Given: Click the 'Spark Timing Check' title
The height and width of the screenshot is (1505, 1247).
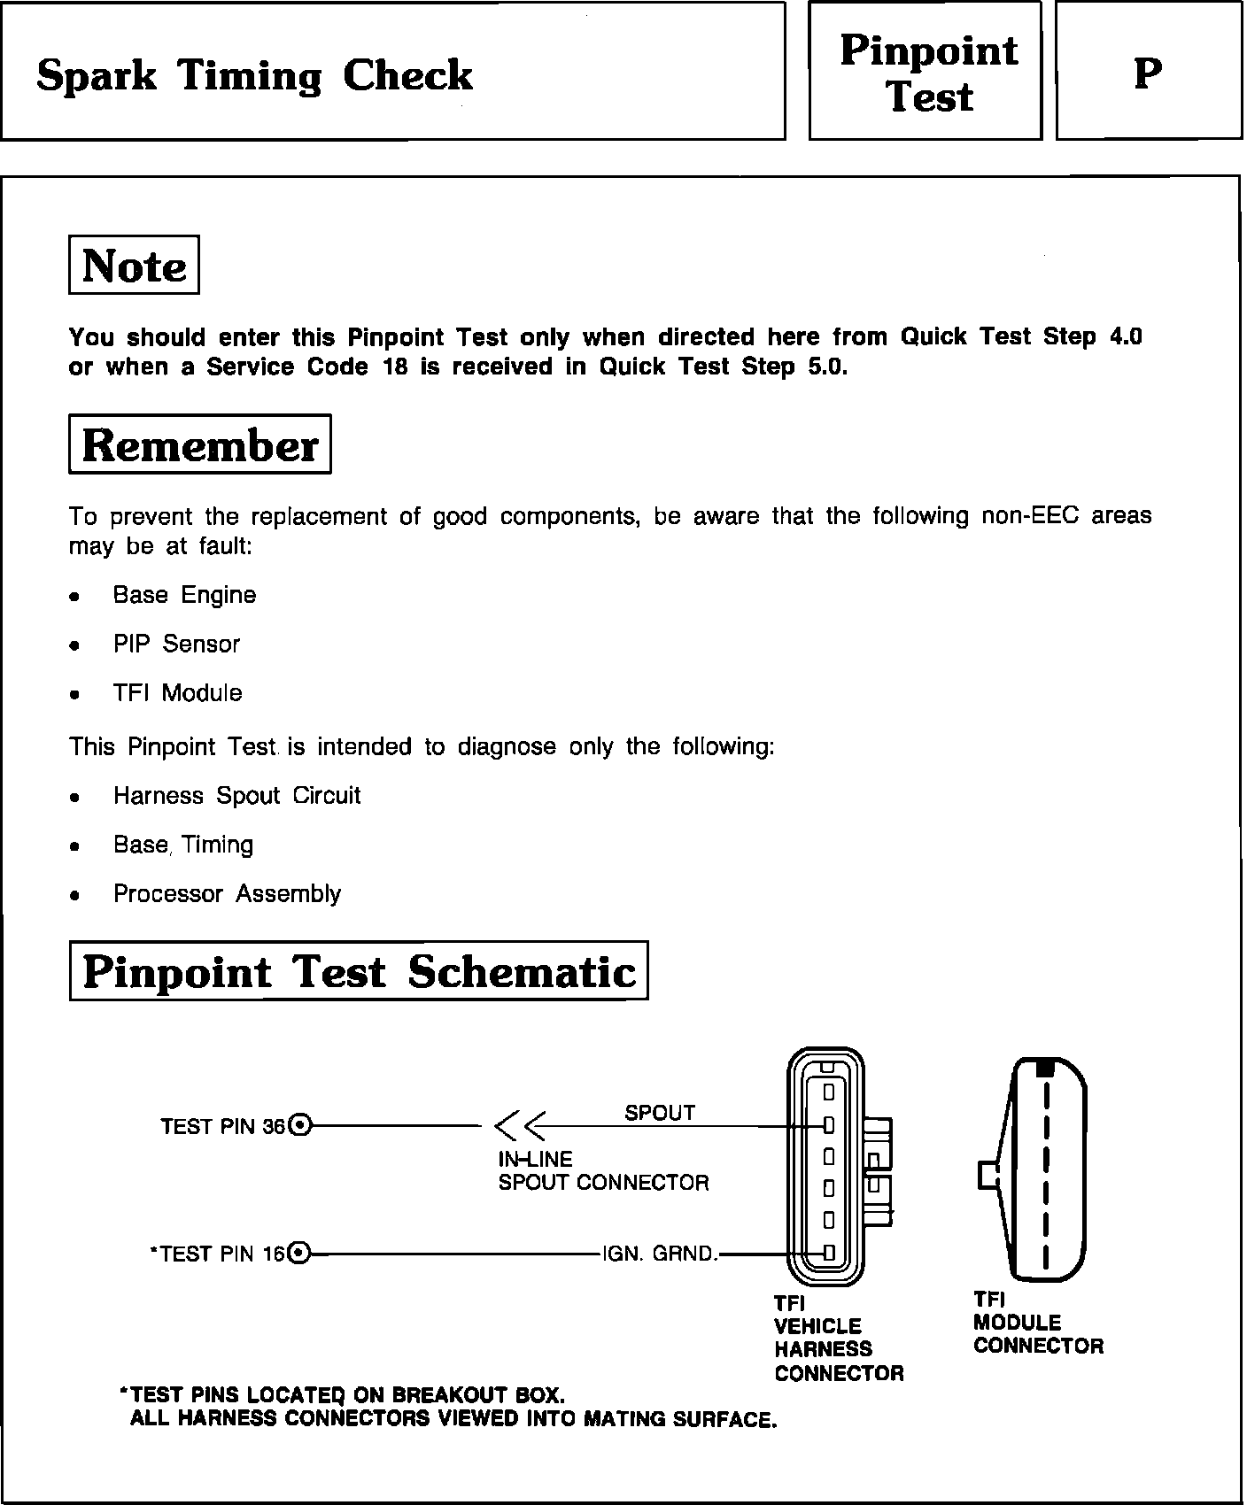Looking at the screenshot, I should [254, 76].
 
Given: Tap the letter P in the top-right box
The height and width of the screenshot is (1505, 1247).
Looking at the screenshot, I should [1148, 73].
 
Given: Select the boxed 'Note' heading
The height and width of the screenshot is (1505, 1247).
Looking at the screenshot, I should [134, 266].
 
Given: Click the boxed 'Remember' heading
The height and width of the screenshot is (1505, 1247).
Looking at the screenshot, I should [199, 444].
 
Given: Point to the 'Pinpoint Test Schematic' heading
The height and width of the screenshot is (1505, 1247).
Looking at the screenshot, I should [359, 971].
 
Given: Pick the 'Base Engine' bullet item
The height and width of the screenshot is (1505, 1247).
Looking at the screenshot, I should [184, 595].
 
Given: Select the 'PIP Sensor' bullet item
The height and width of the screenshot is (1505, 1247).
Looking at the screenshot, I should [176, 644].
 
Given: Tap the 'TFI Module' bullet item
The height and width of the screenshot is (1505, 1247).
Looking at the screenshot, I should [177, 692].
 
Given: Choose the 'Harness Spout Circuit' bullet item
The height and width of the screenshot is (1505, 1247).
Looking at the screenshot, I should [236, 795].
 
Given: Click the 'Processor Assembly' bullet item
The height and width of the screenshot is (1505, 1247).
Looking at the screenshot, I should [227, 893].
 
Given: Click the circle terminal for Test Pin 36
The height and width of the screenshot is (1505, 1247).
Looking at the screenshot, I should [300, 1126].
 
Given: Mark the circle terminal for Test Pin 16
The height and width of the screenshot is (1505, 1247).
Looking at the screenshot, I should [300, 1253].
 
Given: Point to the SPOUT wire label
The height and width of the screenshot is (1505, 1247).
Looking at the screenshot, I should [660, 1113].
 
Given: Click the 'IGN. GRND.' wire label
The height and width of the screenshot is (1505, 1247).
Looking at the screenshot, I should [660, 1254].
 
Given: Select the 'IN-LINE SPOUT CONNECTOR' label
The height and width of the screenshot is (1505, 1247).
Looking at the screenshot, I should [603, 1170].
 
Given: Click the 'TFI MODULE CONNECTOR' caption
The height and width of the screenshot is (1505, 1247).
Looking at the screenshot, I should [1038, 1323].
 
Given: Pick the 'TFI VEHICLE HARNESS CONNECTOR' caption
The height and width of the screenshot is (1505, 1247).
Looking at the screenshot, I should [838, 1338].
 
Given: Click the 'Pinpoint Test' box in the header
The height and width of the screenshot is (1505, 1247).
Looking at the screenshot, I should [926, 73].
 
